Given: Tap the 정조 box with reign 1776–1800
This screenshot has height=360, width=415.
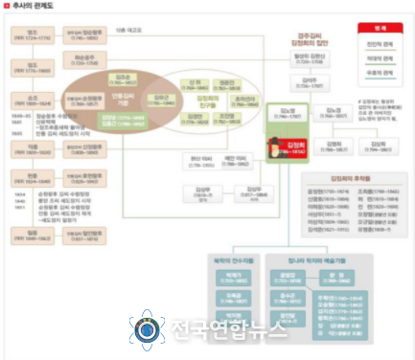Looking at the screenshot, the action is click(x=21, y=68).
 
